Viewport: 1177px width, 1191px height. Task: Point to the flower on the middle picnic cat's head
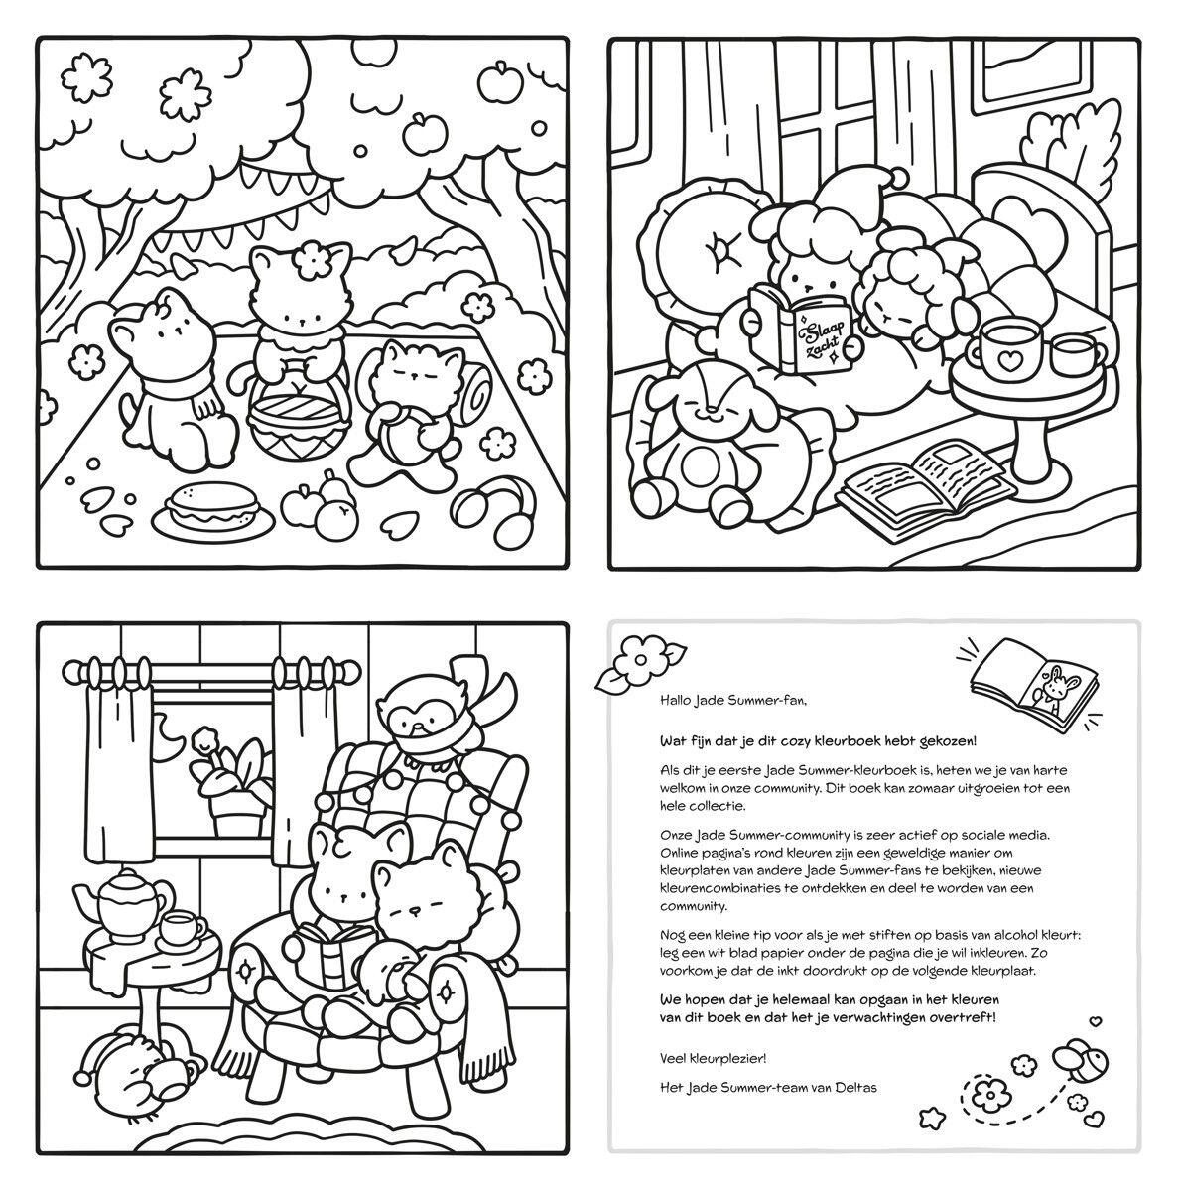coord(318,263)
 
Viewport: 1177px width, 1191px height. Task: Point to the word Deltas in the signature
coord(853,1087)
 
